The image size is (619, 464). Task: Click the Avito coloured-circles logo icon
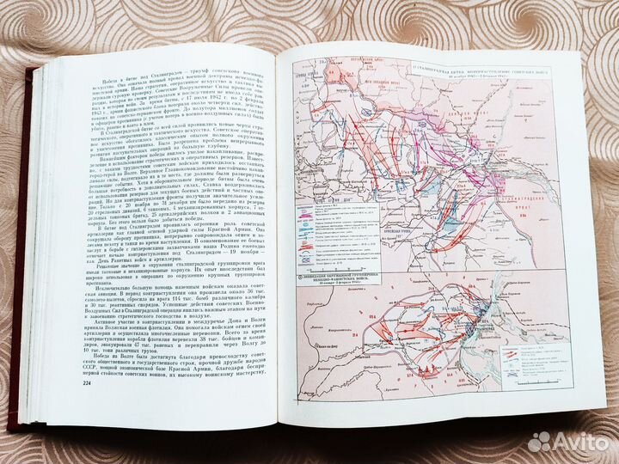click(x=541, y=441)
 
